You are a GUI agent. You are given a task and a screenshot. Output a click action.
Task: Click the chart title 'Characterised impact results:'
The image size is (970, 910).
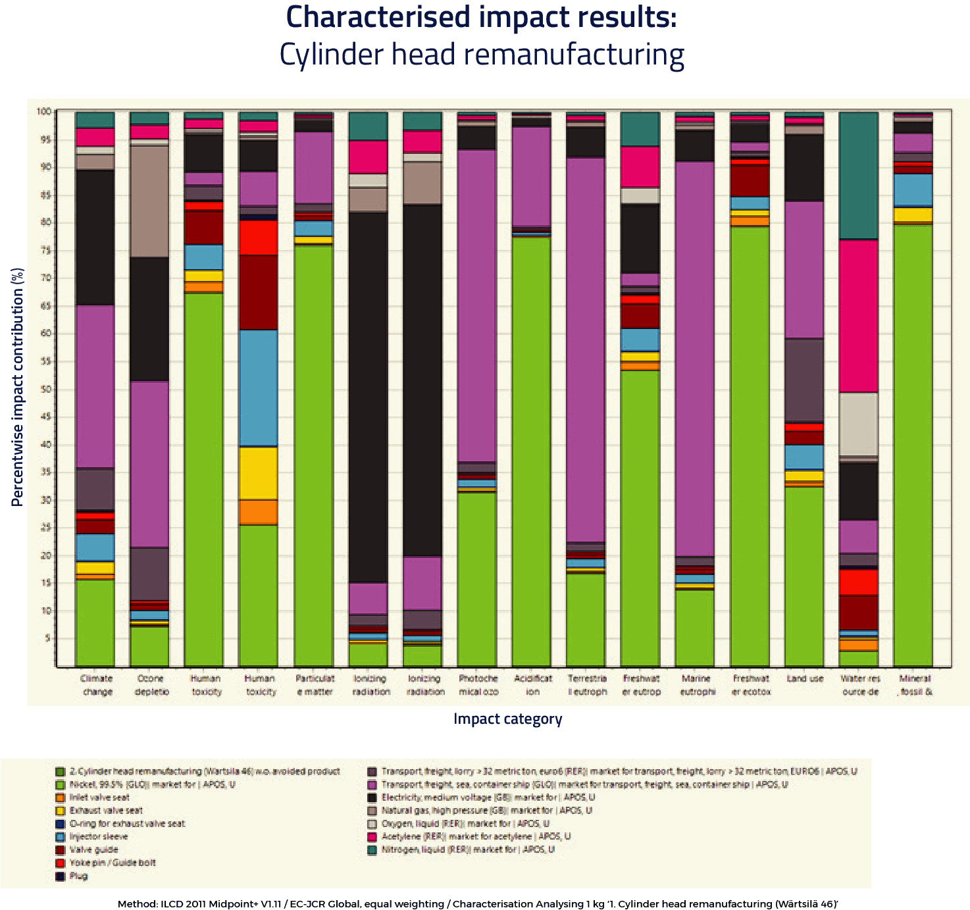coord(481,18)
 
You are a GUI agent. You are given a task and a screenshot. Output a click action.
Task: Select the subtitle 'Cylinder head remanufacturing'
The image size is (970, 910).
coord(481,55)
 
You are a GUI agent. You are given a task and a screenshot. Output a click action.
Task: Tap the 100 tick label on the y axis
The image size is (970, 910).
coord(43,112)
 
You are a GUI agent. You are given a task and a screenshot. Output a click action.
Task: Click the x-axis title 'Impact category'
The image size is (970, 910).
coord(507,719)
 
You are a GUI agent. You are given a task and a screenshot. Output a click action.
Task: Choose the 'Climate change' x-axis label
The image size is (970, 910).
coord(97,685)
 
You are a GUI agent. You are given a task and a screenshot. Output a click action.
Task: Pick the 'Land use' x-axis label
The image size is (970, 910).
coord(805,679)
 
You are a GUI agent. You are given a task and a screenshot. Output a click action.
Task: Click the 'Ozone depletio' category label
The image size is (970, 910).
coord(151,685)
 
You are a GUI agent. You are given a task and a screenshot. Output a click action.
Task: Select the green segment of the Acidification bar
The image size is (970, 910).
coord(532,447)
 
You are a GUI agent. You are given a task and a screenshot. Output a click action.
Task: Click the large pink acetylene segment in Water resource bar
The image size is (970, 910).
coord(859,316)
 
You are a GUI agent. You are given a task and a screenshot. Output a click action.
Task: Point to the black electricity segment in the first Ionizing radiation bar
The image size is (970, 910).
coord(369,395)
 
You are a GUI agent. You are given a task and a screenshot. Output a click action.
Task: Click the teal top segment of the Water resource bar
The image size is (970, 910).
coord(859,174)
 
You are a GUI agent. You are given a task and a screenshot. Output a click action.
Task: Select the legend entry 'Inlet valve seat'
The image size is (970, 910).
coord(99,797)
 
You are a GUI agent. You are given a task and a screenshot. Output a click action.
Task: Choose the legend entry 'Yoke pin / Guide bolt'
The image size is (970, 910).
coord(113,863)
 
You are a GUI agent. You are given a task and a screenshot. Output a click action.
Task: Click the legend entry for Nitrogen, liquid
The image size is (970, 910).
coord(468,849)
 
